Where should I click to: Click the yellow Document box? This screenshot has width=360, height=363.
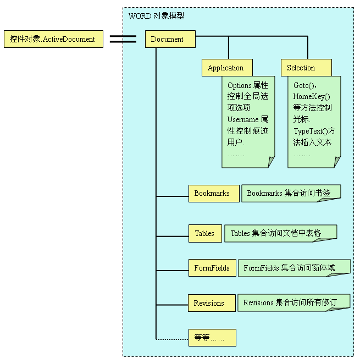click(x=170, y=39)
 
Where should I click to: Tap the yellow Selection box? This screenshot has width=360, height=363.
click(x=306, y=68)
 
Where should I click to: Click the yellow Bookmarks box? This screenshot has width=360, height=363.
click(x=213, y=194)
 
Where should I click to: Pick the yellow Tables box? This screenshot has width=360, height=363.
click(x=205, y=233)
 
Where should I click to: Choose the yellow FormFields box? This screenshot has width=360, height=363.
click(x=212, y=268)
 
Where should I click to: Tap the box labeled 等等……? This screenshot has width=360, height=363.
click(x=212, y=338)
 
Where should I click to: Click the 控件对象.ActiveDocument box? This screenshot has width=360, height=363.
click(x=53, y=39)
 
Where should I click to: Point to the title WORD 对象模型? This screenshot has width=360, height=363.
click(x=156, y=16)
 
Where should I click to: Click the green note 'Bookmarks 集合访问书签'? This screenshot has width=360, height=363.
click(x=291, y=194)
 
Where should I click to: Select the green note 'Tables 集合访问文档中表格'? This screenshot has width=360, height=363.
click(x=280, y=233)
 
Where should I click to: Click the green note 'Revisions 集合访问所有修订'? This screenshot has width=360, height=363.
click(x=293, y=302)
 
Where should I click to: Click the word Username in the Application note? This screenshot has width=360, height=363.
click(x=242, y=119)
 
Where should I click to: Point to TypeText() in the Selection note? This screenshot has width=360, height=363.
click(x=310, y=131)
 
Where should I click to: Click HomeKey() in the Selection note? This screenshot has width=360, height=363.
click(x=312, y=96)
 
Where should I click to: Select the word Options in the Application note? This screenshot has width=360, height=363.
click(x=240, y=85)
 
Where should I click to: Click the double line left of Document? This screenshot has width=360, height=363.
click(x=123, y=39)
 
